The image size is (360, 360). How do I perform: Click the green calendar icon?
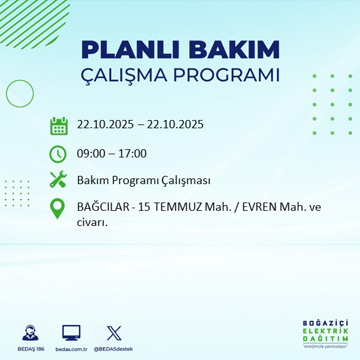click(x=58, y=126)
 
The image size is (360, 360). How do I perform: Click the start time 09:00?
click(x=91, y=154)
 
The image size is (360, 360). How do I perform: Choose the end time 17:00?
click(x=133, y=154)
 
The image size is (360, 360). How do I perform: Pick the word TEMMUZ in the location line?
click(x=164, y=208)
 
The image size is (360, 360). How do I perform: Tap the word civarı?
click(x=91, y=222)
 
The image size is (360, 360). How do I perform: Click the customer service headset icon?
click(x=29, y=333)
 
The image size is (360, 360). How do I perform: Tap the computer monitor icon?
click(x=71, y=333)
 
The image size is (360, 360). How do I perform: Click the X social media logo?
click(x=113, y=333)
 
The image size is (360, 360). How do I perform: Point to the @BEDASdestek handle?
click(x=113, y=349)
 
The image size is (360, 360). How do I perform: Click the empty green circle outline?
click(x=20, y=94)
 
